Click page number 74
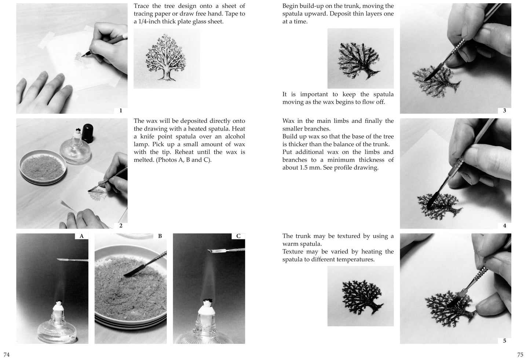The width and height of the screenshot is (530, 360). pyautogui.click(x=6, y=355)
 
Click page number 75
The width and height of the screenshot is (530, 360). pyautogui.click(x=520, y=355)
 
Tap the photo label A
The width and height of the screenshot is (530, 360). pyautogui.click(x=81, y=236)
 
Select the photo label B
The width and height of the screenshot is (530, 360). pyautogui.click(x=160, y=236)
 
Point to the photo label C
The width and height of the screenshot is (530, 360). pyautogui.click(x=238, y=236)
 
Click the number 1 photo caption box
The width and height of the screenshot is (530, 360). pyautogui.click(x=121, y=110)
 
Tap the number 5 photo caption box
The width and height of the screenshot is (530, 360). pyautogui.click(x=504, y=341)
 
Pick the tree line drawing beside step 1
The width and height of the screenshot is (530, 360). pyautogui.click(x=167, y=58)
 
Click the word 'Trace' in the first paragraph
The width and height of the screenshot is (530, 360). pyautogui.click(x=142, y=6)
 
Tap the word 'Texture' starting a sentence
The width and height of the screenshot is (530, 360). pyautogui.click(x=294, y=251)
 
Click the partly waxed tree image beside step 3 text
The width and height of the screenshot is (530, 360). pyautogui.click(x=361, y=58)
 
